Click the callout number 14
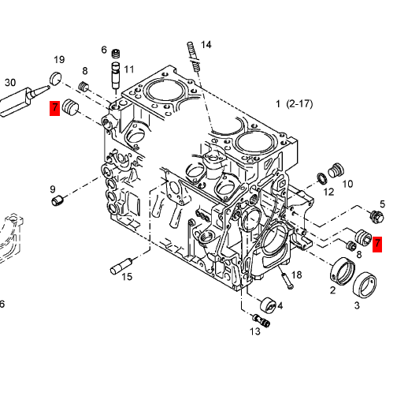click(206, 45)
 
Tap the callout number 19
click(59, 60)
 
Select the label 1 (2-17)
click(295, 104)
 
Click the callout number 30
click(10, 83)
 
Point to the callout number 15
click(127, 277)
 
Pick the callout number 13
click(255, 331)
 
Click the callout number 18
click(297, 275)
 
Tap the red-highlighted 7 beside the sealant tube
click(55, 108)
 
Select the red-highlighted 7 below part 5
click(377, 245)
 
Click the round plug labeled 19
click(55, 78)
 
